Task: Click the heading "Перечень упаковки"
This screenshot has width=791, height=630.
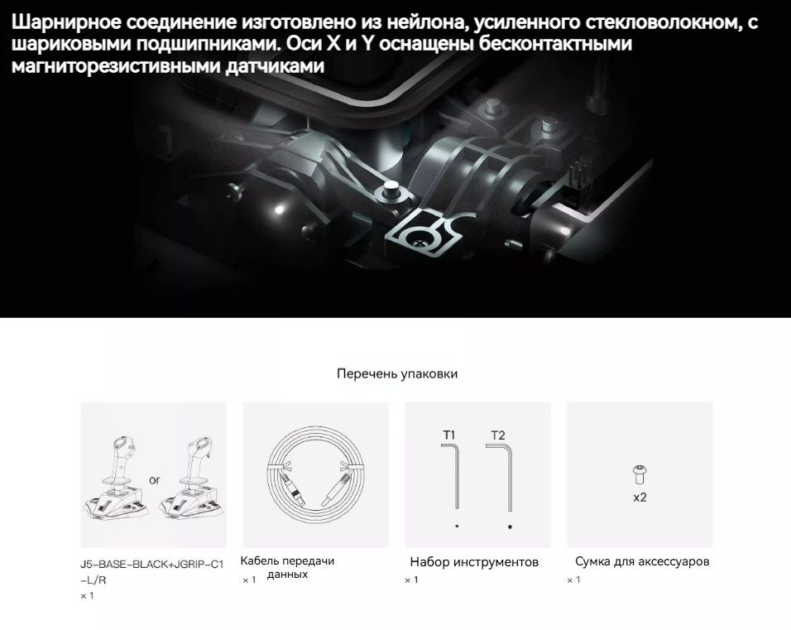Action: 397,374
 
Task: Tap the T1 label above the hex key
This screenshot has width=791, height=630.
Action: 449,435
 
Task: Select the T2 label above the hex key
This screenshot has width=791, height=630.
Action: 497,435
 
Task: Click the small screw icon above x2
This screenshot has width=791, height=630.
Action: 640,474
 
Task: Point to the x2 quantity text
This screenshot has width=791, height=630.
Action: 640,498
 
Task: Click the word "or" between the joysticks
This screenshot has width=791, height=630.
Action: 155,479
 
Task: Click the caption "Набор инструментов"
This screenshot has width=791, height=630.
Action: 474,562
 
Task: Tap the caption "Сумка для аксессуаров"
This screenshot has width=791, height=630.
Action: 642,561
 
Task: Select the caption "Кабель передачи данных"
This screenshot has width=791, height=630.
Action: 287,567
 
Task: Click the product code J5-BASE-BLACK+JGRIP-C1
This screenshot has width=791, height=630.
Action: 152,565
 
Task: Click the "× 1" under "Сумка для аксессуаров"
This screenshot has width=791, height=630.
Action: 573,580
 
